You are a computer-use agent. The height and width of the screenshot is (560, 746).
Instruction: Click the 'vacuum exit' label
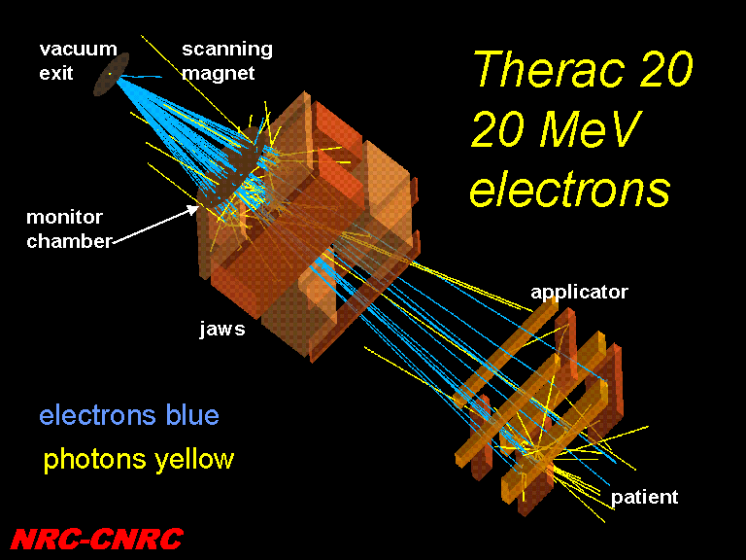[78, 61]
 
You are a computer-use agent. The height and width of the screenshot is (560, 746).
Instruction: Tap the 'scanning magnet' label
[227, 61]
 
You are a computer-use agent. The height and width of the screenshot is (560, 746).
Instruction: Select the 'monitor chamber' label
[70, 229]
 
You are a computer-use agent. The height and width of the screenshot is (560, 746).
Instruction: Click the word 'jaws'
[222, 329]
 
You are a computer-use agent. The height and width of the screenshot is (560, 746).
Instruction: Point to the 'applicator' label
[580, 292]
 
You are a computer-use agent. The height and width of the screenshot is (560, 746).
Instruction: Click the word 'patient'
[644, 497]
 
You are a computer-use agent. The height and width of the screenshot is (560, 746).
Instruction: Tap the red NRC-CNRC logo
[96, 539]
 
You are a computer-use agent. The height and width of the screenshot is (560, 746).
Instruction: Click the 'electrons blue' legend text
[129, 415]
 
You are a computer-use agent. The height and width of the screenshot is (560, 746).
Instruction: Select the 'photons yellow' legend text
[139, 460]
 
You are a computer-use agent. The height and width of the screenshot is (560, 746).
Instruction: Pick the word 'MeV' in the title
[591, 128]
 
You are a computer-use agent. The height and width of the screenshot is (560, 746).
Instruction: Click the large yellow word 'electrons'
[570, 189]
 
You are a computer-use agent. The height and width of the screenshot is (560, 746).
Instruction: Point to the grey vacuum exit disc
[112, 74]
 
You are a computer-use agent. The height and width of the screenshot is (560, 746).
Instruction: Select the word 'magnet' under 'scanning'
[219, 73]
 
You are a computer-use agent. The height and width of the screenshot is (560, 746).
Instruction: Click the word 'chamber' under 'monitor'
[70, 241]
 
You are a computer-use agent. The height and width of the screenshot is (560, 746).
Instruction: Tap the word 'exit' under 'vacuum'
[56, 73]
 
